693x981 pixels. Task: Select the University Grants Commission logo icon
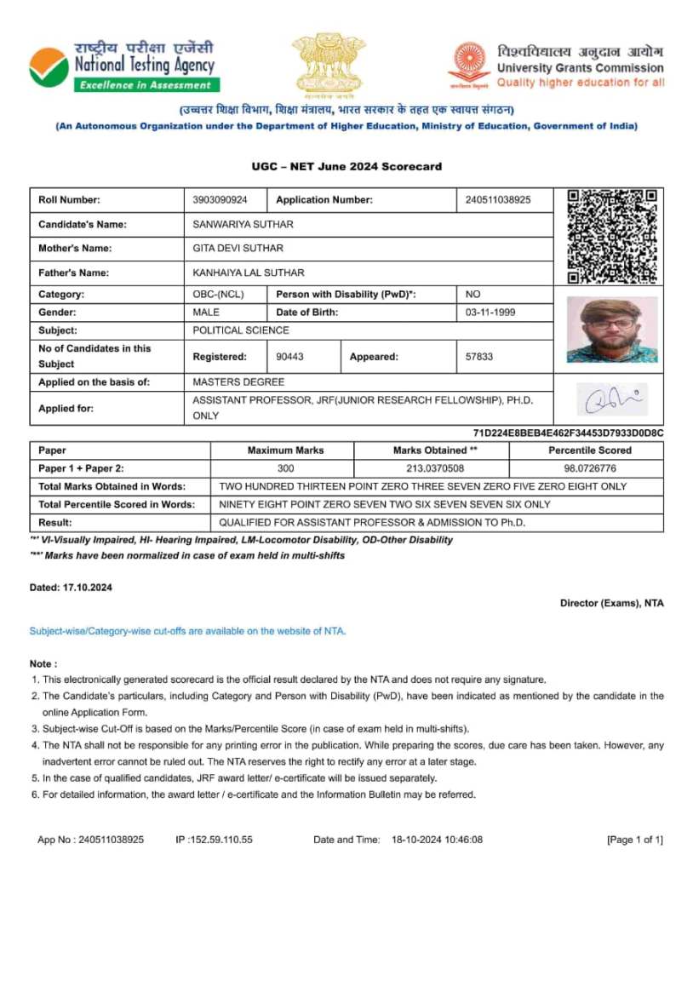point(468,66)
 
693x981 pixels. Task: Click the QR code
point(613,236)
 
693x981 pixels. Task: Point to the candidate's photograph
point(612,330)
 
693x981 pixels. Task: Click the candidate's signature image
point(610,399)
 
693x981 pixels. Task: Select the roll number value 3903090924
point(220,200)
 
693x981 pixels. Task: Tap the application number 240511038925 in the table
point(498,200)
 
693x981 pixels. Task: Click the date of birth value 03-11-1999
point(490,313)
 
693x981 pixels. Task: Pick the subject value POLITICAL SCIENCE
point(241,330)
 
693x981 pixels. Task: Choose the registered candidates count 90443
point(289,357)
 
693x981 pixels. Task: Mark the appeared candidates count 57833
point(479,357)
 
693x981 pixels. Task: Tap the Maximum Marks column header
point(285,450)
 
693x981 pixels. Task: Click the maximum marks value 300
point(285,468)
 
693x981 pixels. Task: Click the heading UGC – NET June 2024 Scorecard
point(346,166)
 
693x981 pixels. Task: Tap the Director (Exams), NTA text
point(611,603)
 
